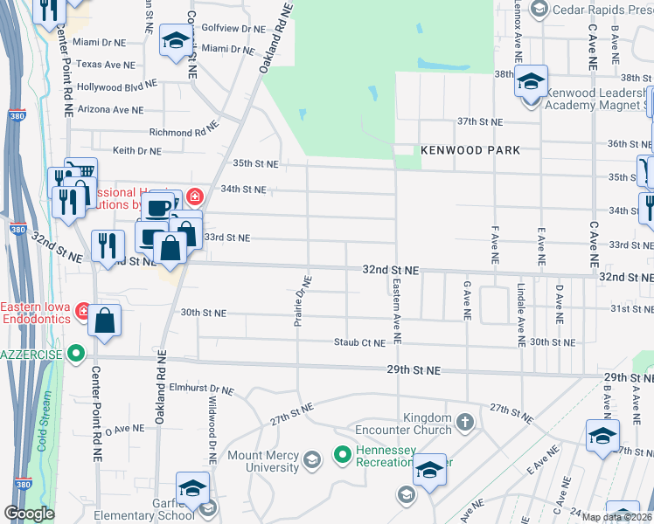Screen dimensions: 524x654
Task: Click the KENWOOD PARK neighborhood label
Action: tap(470, 150)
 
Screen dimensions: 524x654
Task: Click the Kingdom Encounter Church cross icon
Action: tap(465, 424)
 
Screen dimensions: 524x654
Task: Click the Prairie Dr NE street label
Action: tap(302, 300)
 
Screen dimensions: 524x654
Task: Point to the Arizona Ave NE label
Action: tap(110, 110)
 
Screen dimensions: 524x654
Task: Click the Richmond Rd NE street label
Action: tap(184, 133)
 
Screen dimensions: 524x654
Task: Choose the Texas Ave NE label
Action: tap(106, 65)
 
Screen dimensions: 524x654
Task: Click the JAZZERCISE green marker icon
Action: tap(76, 354)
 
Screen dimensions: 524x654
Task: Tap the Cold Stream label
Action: tap(43, 444)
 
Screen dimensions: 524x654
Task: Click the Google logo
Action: tap(29, 514)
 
